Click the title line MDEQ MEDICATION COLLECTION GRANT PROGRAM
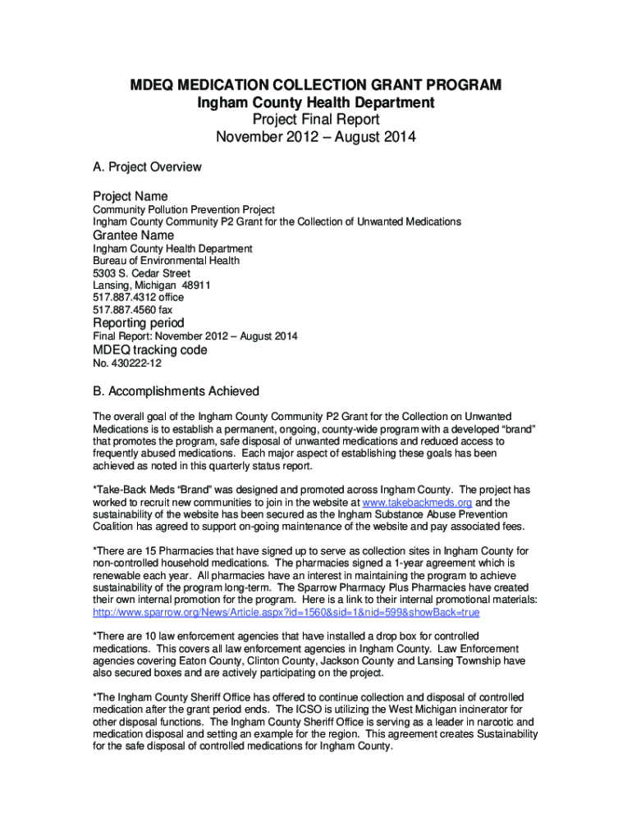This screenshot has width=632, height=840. click(316, 86)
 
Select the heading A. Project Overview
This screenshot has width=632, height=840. click(147, 167)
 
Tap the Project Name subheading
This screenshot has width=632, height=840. click(130, 196)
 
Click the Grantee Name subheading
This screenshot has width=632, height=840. click(133, 235)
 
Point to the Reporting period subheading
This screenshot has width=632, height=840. click(138, 322)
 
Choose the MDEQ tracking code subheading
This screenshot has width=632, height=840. click(149, 350)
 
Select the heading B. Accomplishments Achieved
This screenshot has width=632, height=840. click(176, 391)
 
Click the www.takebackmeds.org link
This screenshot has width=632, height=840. click(419, 502)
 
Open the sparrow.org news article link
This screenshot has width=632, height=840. click(286, 613)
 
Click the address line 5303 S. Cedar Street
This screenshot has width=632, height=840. click(141, 273)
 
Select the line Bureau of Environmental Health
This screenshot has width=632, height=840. click(166, 261)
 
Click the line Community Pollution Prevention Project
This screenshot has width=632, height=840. click(183, 210)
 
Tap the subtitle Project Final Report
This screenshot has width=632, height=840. click(316, 120)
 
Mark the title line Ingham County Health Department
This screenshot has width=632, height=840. click(316, 103)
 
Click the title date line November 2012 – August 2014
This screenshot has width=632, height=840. click(316, 137)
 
